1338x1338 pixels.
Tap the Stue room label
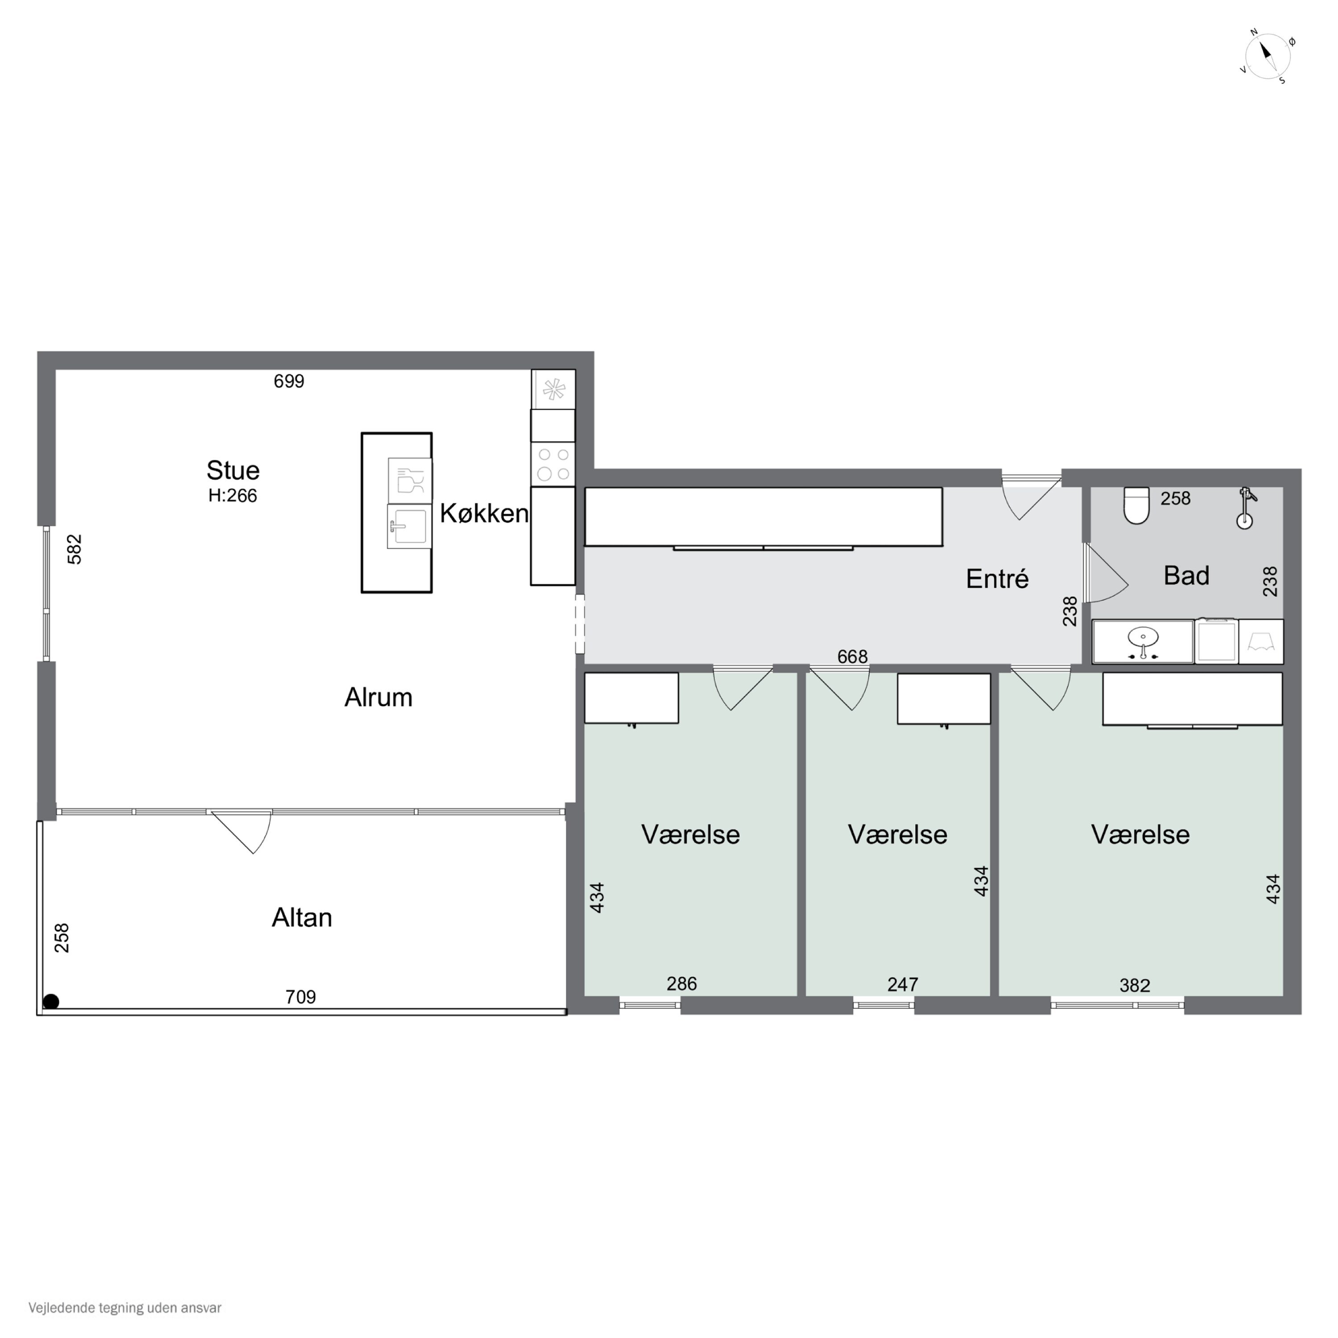coord(233,470)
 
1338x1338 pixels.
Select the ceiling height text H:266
coord(233,496)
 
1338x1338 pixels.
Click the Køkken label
coord(484,513)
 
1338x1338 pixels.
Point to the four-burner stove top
coord(553,464)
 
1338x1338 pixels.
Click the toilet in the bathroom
coord(1136,505)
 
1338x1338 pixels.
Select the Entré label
coord(997,578)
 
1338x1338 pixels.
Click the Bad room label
coord(1186,575)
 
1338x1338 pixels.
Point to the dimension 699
coord(289,381)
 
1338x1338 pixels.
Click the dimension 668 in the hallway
coord(852,657)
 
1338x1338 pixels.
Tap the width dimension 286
coord(681,983)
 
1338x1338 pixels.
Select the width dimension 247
coord(902,984)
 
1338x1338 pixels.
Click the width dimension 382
coord(1134,985)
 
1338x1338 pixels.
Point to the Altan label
coord(302,917)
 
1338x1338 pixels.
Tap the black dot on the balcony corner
coord(50,1001)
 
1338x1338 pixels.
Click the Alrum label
coord(378,698)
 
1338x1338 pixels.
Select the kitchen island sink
coord(409,526)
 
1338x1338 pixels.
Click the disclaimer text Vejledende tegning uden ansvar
coord(125,1308)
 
